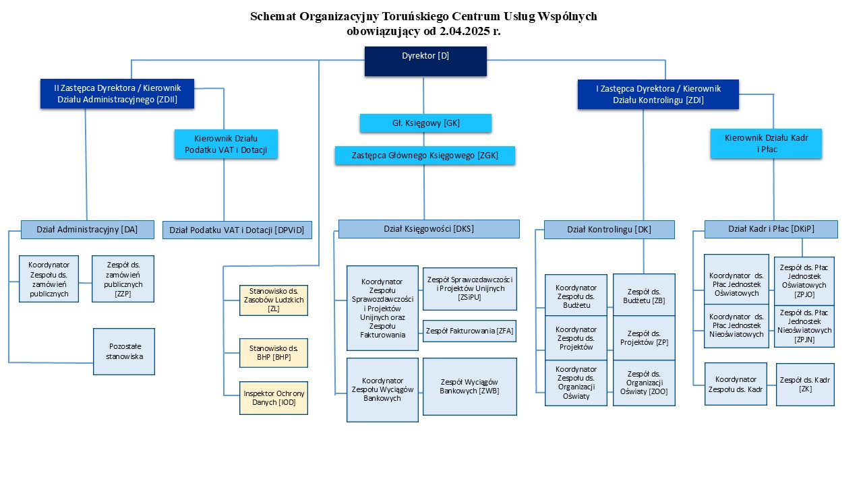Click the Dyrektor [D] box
tap(425, 61)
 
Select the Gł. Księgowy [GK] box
tap(425, 123)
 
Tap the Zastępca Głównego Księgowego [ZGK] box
tap(425, 156)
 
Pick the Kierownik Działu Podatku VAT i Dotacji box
tap(226, 144)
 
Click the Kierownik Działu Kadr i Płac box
tap(766, 144)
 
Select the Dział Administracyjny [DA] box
tap(87, 230)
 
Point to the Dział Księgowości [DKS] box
tap(429, 229)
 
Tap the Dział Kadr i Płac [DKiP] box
tap(771, 229)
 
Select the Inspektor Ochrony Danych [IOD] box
tap(274, 398)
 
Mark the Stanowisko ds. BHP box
tap(274, 353)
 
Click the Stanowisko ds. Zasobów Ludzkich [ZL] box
tap(274, 300)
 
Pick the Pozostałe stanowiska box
tap(124, 352)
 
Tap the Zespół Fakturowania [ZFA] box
tap(469, 331)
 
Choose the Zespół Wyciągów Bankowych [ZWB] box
tap(469, 387)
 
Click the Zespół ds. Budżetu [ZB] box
tap(644, 295)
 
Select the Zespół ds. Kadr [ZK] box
tap(805, 385)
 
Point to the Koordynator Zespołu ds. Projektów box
tap(576, 338)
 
